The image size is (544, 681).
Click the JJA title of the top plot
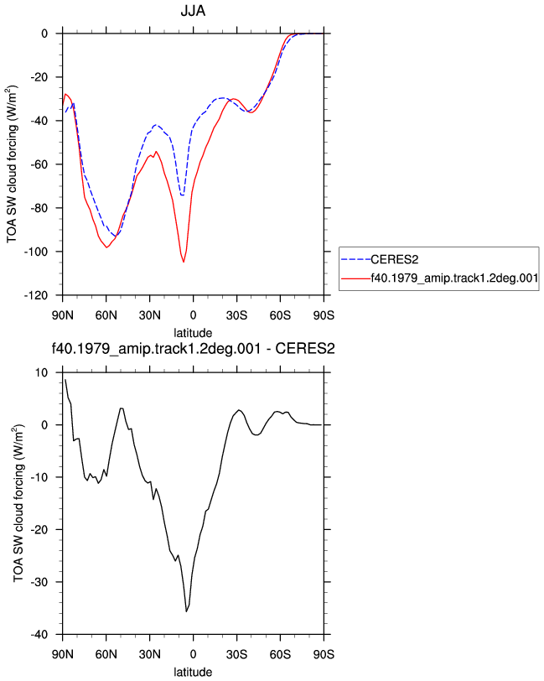(x=193, y=10)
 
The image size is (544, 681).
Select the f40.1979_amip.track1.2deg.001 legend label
(x=454, y=278)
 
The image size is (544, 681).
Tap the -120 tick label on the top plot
(x=35, y=296)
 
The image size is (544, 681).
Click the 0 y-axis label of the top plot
(x=44, y=34)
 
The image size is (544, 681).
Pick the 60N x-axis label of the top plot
(x=106, y=315)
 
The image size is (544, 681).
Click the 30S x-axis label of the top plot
(x=236, y=315)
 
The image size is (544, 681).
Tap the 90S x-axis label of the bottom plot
(x=324, y=654)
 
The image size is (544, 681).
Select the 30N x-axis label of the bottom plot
(x=149, y=654)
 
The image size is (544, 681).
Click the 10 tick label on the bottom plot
(x=42, y=373)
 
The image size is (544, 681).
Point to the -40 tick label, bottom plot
(x=39, y=635)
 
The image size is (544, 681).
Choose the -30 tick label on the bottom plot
(x=39, y=582)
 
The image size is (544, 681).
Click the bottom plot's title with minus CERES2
(x=193, y=349)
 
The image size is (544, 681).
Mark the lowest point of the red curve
(x=184, y=262)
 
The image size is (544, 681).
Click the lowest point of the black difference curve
(x=187, y=611)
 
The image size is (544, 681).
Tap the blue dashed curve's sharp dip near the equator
(x=183, y=195)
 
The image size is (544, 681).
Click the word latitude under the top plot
(x=193, y=333)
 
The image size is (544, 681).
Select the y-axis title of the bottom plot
(x=18, y=503)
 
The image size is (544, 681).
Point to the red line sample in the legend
(x=356, y=278)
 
